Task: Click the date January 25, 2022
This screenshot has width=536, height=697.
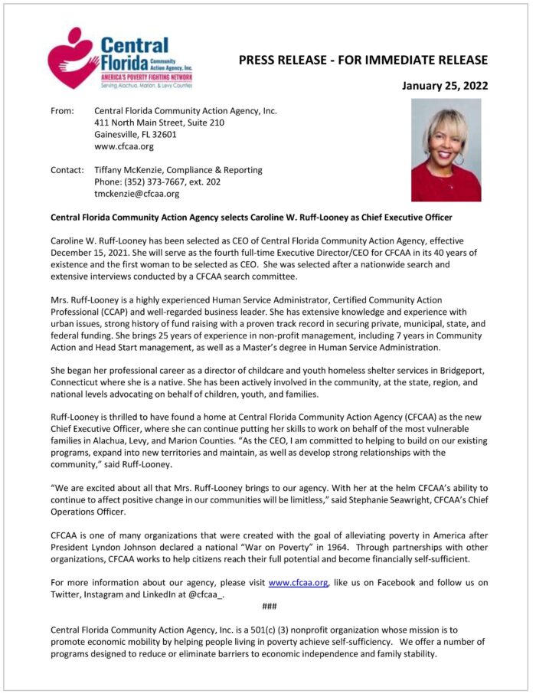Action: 445,86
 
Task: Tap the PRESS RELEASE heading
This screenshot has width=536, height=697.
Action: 363,60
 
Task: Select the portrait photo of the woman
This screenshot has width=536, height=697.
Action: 446,150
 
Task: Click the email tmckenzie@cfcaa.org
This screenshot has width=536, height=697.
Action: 136,194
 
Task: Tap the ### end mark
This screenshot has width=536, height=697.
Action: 269,607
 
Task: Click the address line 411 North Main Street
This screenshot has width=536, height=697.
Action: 159,123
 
